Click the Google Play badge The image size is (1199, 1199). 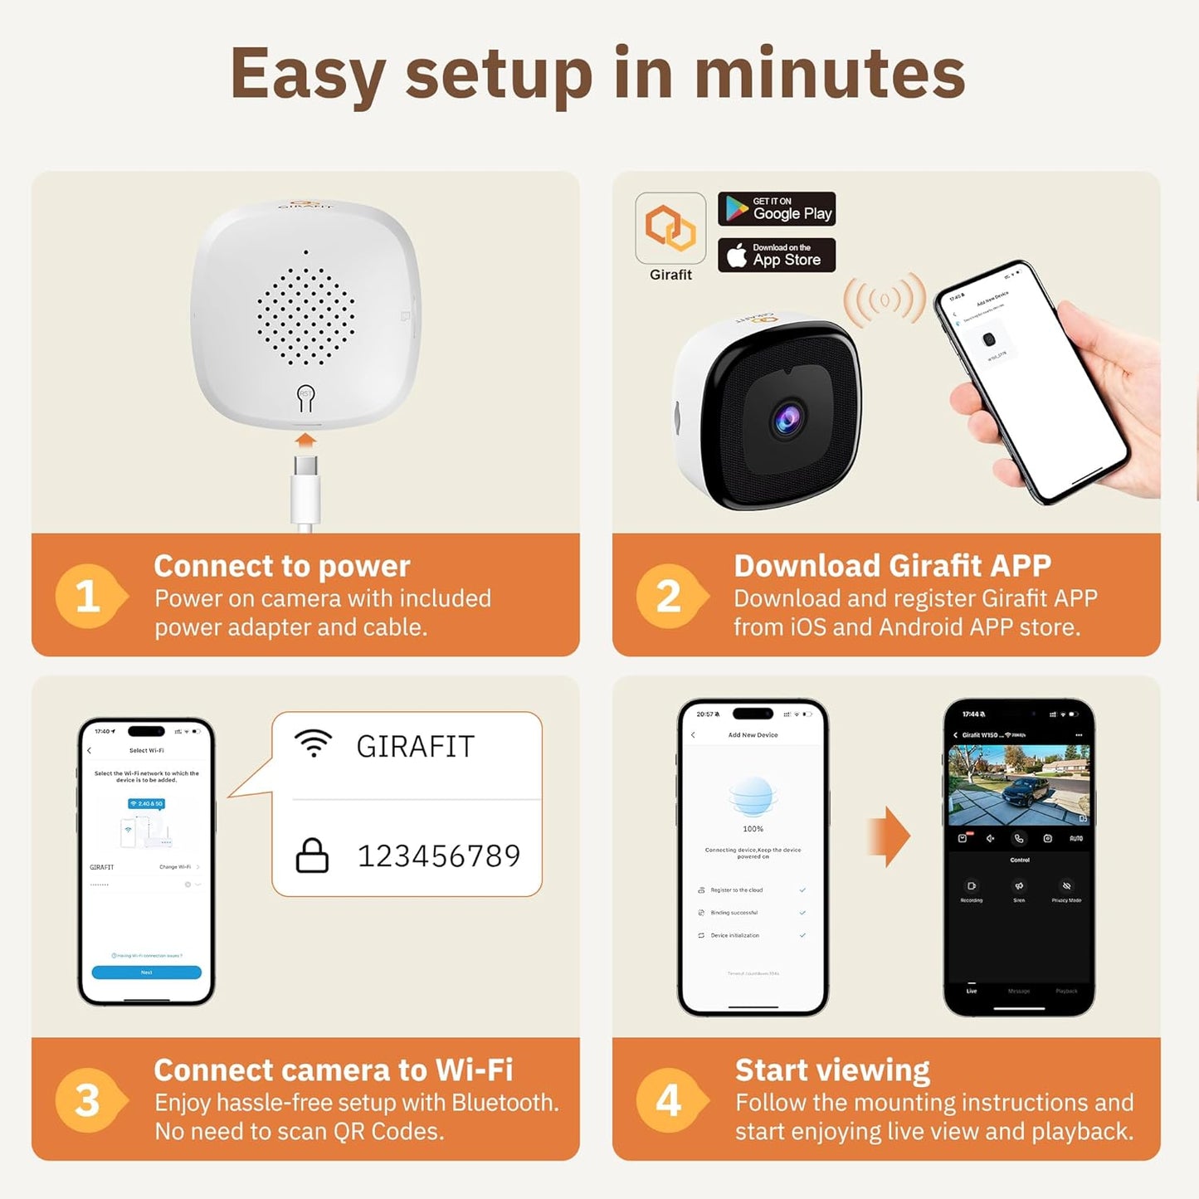point(776,209)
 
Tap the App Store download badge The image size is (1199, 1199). point(776,255)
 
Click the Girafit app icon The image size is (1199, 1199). point(670,228)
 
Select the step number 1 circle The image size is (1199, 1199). point(88,596)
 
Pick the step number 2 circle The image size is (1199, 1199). point(669,596)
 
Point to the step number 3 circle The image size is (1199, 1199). point(88,1100)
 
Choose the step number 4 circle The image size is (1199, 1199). point(669,1100)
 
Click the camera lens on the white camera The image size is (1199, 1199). point(787,417)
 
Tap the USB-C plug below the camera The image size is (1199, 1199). point(305,490)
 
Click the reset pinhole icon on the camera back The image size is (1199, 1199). point(305,398)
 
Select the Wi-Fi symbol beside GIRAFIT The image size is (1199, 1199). point(314,743)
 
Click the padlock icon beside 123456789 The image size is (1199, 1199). point(312,855)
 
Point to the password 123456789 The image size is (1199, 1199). point(438,855)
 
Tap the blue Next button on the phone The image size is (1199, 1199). point(146,972)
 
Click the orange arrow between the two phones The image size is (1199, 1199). point(888,836)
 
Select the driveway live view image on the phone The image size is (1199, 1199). point(1019,785)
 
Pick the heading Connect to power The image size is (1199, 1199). point(282,566)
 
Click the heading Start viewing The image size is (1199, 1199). point(832,1070)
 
